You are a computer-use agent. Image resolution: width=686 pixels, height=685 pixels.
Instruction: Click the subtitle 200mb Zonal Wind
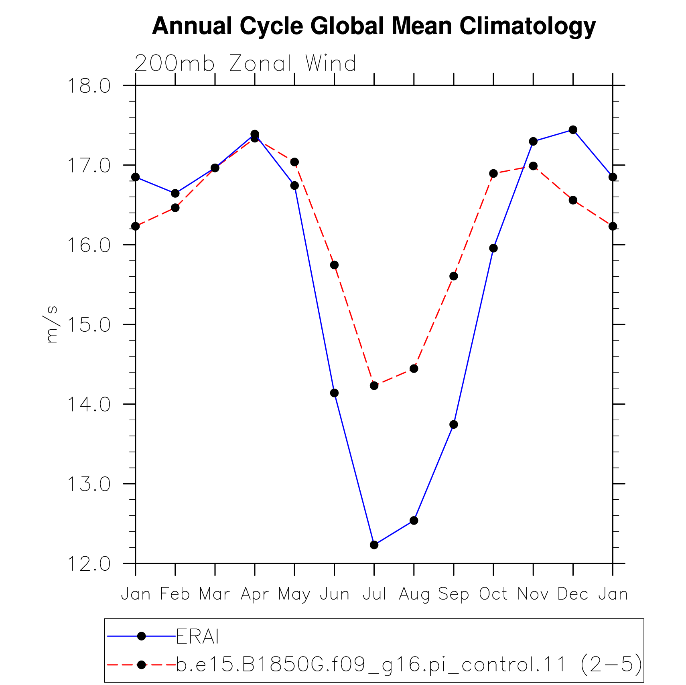245,63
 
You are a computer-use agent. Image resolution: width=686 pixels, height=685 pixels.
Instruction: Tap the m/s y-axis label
51,324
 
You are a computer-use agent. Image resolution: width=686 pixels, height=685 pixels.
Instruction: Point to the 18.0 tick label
89,86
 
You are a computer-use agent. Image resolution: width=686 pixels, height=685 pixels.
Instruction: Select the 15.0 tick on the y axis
89,324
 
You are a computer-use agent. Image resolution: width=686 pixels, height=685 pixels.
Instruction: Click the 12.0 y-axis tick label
89,563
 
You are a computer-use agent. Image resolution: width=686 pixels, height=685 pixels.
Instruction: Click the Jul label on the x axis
374,594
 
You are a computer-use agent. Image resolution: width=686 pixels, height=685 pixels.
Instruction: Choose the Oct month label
493,594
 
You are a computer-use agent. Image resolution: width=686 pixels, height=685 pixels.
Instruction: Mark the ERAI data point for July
374,545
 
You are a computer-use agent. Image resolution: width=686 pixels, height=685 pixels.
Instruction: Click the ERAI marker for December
573,130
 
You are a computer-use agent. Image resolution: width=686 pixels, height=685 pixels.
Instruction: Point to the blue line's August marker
414,521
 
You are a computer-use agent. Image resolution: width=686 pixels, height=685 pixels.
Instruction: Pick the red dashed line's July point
374,385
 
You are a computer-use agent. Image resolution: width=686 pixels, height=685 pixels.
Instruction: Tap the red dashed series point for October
493,173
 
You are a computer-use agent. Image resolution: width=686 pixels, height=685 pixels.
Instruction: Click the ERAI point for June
334,393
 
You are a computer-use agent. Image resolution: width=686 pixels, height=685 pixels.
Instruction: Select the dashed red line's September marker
454,276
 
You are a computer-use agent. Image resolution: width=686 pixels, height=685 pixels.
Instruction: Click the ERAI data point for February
175,193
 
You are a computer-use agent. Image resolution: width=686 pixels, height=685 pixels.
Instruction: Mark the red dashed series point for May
294,162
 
